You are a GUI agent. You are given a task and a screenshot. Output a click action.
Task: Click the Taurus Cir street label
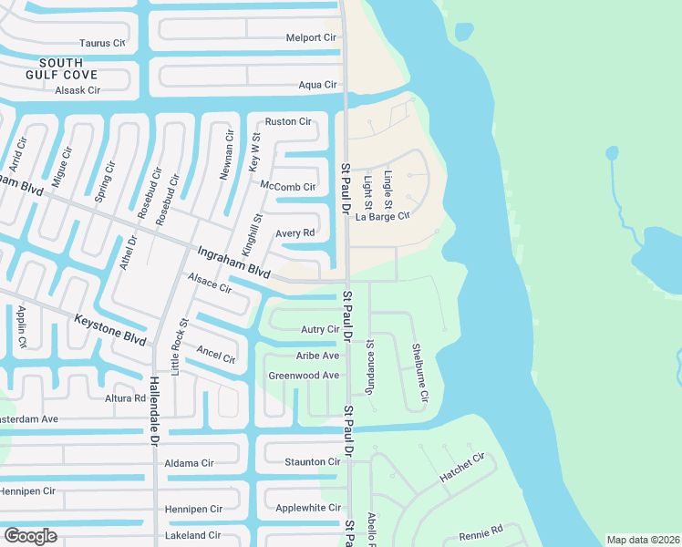point(101,43)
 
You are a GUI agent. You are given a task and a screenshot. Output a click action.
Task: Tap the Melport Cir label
point(311,37)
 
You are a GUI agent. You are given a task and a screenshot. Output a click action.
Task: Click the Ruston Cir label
point(288,121)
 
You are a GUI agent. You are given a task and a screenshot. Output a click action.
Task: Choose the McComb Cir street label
point(287,187)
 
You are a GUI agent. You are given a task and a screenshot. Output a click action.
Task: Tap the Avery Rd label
point(294,233)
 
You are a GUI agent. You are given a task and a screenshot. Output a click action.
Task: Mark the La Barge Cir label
point(383,216)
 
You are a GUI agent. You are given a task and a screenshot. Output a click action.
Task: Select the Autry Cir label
point(320,329)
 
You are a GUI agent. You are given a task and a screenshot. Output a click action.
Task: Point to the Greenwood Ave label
point(304,375)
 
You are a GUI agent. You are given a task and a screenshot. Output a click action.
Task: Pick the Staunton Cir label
point(312,462)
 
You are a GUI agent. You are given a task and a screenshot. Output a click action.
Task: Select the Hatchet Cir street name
point(461,471)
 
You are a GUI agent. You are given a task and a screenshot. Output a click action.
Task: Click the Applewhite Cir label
point(308,508)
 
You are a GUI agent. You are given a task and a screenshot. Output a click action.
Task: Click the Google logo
point(30,535)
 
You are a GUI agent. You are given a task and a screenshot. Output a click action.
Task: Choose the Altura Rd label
point(126,398)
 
